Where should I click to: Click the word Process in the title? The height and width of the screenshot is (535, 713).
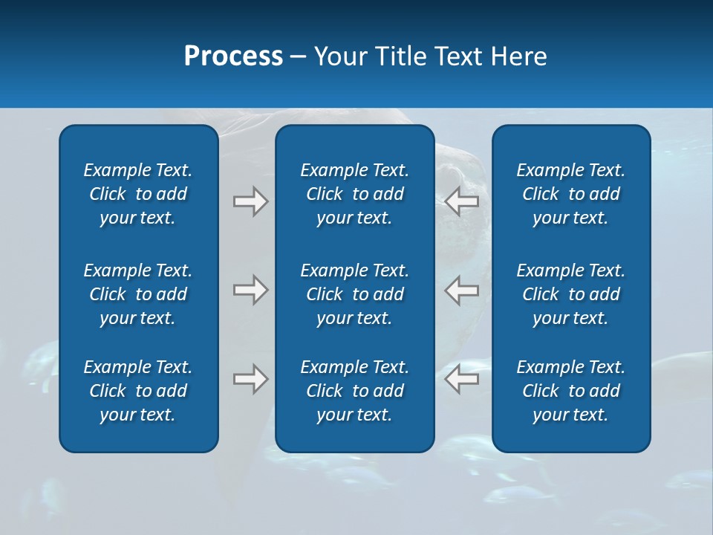pyautogui.click(x=233, y=56)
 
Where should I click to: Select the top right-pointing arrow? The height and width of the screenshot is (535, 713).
pyautogui.click(x=250, y=201)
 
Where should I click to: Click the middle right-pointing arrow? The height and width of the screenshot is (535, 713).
pyautogui.click(x=250, y=290)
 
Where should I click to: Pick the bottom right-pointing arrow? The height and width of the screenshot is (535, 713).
pyautogui.click(x=250, y=379)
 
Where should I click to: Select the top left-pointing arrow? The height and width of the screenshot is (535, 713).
pyautogui.click(x=462, y=201)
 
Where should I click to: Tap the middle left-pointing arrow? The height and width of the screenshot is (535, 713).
pyautogui.click(x=462, y=290)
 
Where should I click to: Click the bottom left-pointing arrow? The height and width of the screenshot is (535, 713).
pyautogui.click(x=462, y=379)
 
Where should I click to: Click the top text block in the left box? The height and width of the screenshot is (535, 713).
pyautogui.click(x=138, y=194)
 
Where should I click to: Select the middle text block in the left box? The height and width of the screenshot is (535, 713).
pyautogui.click(x=138, y=294)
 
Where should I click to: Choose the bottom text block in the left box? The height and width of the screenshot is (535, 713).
pyautogui.click(x=138, y=391)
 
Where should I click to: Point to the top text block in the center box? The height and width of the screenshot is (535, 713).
pyautogui.click(x=354, y=194)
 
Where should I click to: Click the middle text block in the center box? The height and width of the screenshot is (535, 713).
pyautogui.click(x=354, y=294)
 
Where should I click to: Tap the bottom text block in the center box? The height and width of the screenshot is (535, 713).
pyautogui.click(x=354, y=391)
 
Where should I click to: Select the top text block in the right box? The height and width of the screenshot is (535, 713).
pyautogui.click(x=570, y=194)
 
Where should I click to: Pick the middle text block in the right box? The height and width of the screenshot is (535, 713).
pyautogui.click(x=570, y=294)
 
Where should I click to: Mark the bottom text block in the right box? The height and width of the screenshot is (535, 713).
pyautogui.click(x=570, y=391)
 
